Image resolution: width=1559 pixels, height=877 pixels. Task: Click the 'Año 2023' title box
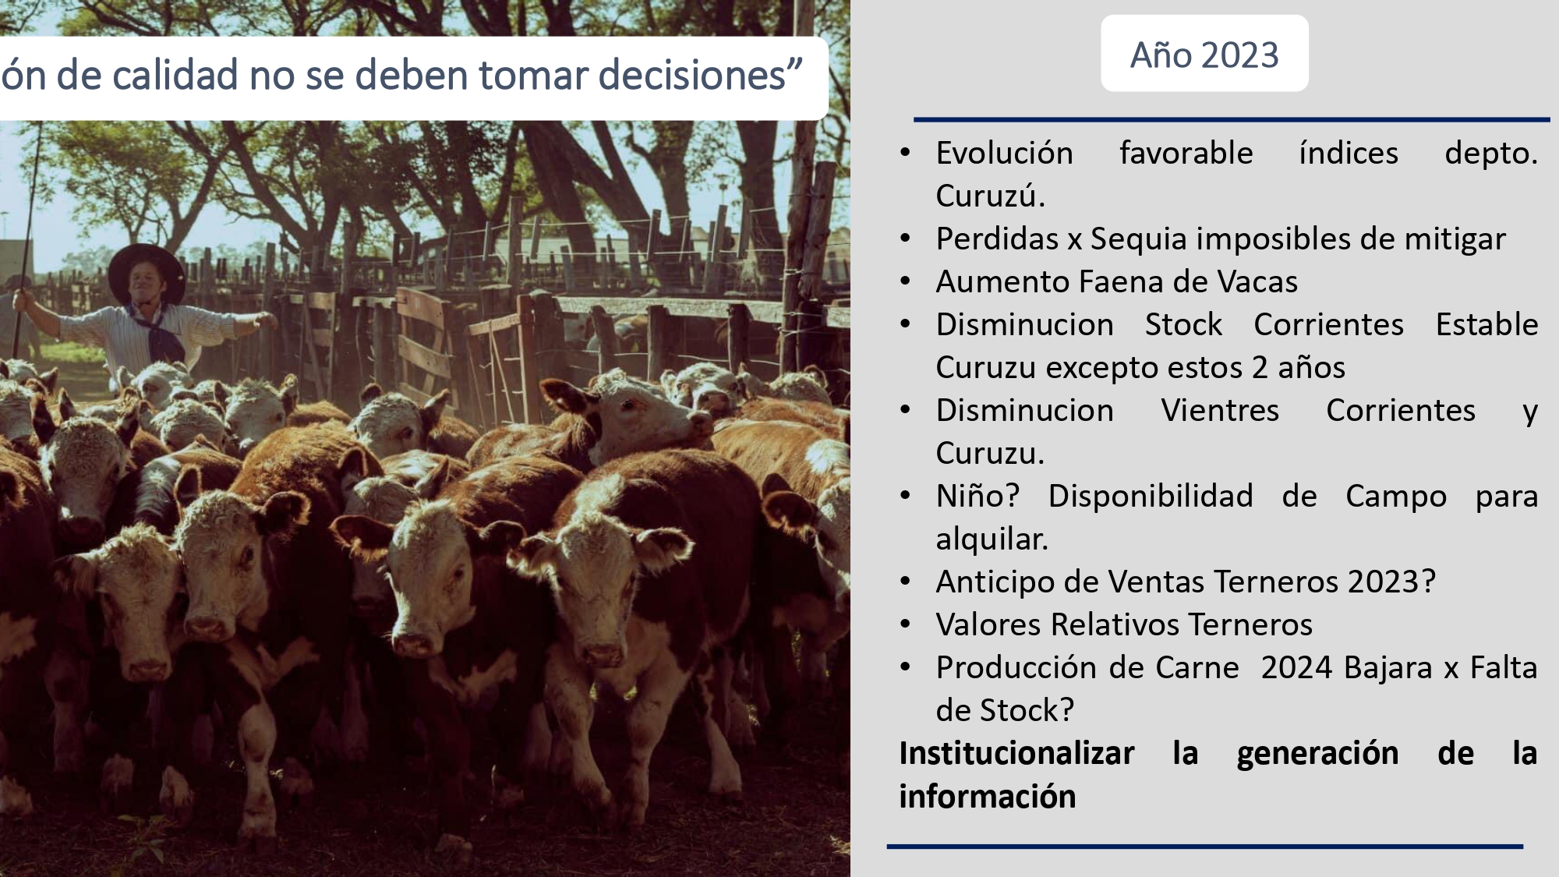pos(1204,53)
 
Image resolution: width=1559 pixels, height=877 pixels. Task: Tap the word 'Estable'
pos(1487,324)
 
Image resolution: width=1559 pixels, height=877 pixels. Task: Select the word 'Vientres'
pos(1220,410)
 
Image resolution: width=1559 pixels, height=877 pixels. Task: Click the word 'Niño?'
pos(977,496)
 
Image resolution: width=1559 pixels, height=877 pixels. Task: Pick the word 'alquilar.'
pos(992,539)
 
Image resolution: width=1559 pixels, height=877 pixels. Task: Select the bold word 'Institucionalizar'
pos(1016,753)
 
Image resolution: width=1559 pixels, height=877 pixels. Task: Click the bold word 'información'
pos(988,797)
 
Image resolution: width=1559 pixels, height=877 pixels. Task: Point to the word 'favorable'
pos(1186,153)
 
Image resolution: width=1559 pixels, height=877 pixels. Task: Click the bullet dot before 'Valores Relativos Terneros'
pos(905,624)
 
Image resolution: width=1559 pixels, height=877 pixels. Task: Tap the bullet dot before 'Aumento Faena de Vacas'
pos(905,281)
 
